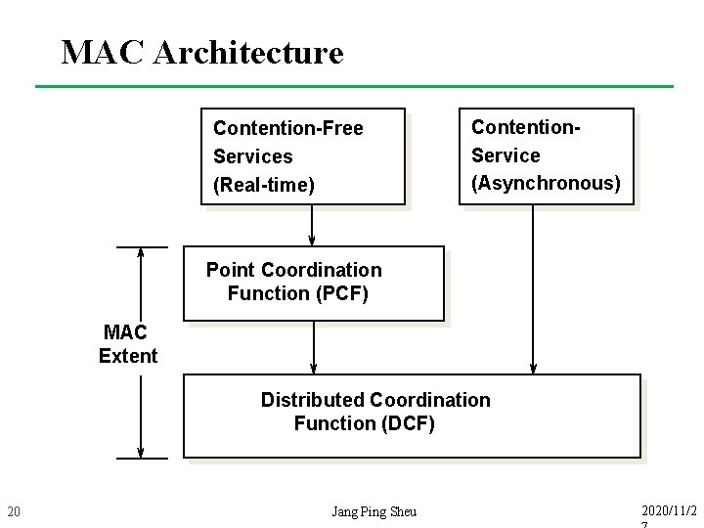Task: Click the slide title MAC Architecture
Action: tap(201, 52)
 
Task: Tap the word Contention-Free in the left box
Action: tap(287, 129)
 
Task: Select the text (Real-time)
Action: tap(263, 185)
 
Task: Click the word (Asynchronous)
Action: tap(546, 183)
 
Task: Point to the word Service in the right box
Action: tap(506, 155)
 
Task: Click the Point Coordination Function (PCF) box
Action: tap(313, 284)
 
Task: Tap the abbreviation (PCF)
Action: tap(334, 293)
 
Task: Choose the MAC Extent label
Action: tap(127, 344)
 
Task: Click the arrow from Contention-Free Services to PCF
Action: tap(312, 225)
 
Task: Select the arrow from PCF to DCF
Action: tap(314, 347)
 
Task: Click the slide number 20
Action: tap(14, 511)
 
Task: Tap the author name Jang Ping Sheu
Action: tap(374, 511)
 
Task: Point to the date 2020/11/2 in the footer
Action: tap(670, 510)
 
